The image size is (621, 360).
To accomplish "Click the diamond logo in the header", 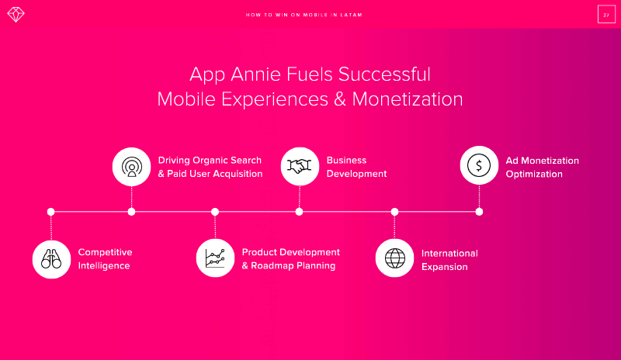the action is (x=16, y=15).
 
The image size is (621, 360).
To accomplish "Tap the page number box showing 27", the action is (x=606, y=15).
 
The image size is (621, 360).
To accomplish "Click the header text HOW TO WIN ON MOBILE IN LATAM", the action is (x=304, y=15).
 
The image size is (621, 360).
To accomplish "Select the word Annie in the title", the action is (x=255, y=74).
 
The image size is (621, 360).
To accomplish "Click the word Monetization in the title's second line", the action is (x=407, y=99).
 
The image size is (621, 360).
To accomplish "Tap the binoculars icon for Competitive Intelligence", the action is (x=51, y=259).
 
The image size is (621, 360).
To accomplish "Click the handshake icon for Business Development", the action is (x=300, y=166).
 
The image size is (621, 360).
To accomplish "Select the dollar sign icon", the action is (x=479, y=165).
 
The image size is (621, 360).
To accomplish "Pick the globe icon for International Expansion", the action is (x=395, y=258).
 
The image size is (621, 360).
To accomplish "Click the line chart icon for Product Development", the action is (x=215, y=258).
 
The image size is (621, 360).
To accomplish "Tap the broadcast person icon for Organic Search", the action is (x=131, y=167).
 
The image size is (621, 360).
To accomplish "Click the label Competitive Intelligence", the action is (x=105, y=259).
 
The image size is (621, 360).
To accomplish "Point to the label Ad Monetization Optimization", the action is (x=542, y=167).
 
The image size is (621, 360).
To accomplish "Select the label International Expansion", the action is (x=449, y=260).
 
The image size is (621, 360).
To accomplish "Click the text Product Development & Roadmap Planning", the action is (x=290, y=259).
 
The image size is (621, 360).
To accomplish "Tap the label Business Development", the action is (x=356, y=167).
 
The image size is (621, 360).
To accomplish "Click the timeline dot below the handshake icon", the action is (x=299, y=212).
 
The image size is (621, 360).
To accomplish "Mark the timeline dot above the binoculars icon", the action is (x=50, y=212).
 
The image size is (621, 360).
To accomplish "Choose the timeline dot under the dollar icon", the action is (x=479, y=212).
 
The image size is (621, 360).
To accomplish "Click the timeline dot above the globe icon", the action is (x=394, y=212).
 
